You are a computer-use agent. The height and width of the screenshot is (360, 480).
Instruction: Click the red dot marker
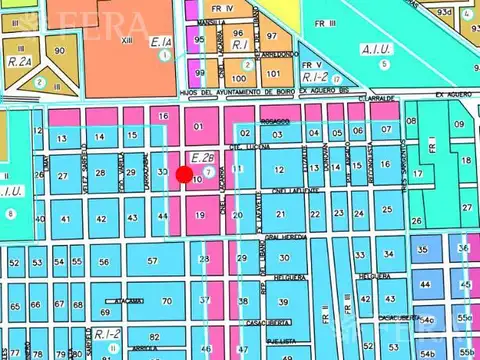[184, 175]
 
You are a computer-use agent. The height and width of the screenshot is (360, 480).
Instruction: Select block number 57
[152, 261]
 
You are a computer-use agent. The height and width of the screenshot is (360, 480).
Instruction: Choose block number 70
[167, 301]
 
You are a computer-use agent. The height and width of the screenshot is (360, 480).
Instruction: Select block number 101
[273, 74]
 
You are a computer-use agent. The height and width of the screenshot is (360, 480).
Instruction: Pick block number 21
[281, 214]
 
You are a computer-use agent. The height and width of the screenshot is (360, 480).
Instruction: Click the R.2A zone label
[19, 61]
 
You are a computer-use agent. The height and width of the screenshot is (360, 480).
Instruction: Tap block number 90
[60, 50]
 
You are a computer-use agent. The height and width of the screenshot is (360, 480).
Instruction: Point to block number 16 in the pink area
[163, 117]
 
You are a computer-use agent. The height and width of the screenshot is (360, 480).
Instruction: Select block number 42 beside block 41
[101, 218]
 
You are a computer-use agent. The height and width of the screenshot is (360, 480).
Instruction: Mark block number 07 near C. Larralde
[385, 131]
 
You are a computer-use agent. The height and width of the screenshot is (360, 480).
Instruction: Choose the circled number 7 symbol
[207, 170]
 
